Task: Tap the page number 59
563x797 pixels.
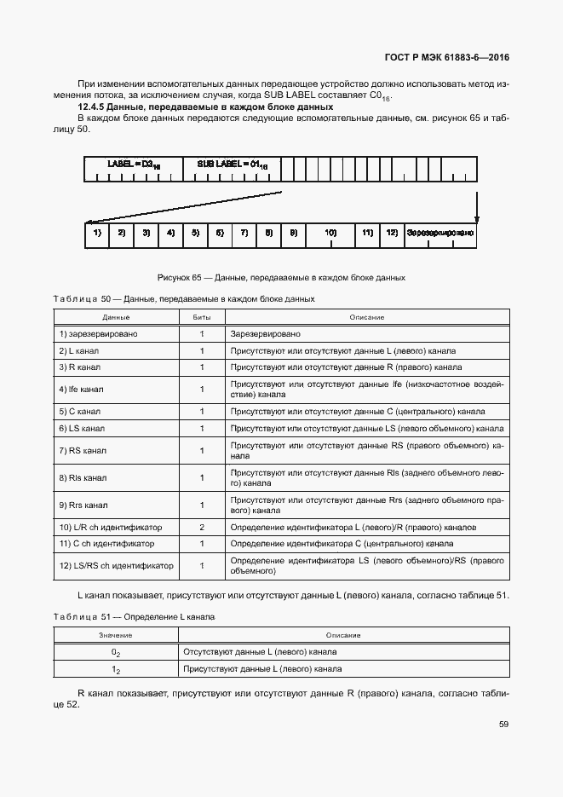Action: pos(503,724)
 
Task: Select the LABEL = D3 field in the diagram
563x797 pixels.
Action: pos(133,163)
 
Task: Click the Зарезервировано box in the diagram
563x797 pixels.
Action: pos(439,233)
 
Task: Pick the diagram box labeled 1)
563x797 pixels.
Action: pos(97,233)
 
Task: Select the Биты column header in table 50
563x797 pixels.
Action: pos(202,317)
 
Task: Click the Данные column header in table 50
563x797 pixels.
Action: pos(116,317)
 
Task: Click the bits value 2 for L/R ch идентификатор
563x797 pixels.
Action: pos(202,528)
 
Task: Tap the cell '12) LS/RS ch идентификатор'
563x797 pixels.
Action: pos(116,565)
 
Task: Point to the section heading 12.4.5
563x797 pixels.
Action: pos(205,107)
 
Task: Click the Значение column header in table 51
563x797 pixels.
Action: pos(116,635)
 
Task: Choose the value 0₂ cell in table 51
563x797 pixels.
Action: pos(116,652)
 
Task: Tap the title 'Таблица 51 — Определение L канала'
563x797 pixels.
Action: pos(134,615)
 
